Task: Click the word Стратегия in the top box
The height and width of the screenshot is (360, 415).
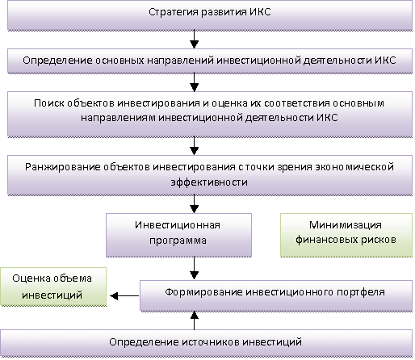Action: point(174,12)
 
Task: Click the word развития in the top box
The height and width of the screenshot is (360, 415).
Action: point(224,12)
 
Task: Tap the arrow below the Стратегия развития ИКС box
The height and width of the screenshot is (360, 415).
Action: point(194,39)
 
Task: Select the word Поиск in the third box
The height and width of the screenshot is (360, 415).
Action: point(48,103)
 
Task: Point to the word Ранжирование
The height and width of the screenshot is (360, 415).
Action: point(63,167)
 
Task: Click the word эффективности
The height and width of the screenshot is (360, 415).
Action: point(209,182)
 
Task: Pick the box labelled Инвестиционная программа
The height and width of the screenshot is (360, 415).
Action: point(178,235)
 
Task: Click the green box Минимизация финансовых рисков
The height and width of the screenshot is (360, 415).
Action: point(346,235)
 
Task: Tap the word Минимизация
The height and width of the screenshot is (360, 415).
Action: point(346,225)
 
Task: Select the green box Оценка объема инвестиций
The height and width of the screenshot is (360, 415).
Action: point(53,287)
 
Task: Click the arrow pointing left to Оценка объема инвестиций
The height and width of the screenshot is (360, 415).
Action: point(124,295)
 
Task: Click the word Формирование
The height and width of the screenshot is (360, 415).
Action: point(203,292)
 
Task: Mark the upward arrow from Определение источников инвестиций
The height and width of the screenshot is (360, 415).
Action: point(194,320)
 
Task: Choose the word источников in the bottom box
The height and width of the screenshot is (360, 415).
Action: point(211,342)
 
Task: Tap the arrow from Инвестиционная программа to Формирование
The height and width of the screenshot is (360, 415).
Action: point(194,268)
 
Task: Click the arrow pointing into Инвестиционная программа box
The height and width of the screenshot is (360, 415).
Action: point(194,204)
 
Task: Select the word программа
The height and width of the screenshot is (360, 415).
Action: point(178,241)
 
